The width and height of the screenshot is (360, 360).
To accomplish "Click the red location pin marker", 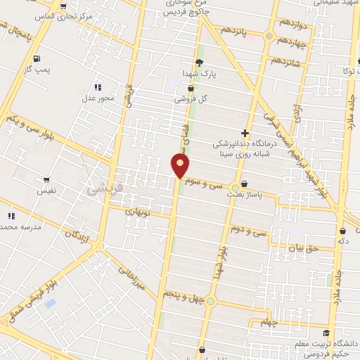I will pos(181,166).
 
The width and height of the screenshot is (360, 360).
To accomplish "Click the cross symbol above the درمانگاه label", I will pos(245,132).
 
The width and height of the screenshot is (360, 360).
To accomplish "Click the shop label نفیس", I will pos(46,191).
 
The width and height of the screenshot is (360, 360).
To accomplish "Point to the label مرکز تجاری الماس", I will pos(49,15).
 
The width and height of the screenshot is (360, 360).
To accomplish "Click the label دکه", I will pos(343,240).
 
